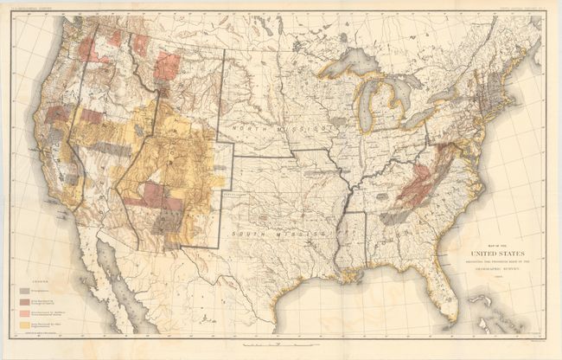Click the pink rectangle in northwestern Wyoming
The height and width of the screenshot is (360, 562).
click(x=167, y=66)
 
